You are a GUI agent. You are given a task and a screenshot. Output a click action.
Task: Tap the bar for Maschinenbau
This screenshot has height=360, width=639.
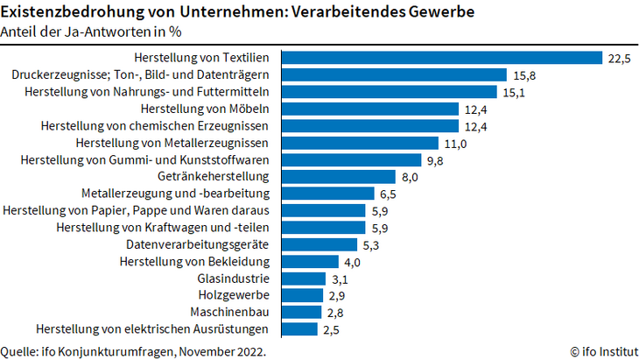[x=305, y=312]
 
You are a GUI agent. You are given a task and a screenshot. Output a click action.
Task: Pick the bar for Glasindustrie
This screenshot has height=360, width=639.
[x=307, y=278]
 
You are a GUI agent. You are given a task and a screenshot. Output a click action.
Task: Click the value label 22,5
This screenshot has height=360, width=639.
[x=620, y=58]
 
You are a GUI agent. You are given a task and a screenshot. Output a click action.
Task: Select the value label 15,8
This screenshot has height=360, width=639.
[x=524, y=75]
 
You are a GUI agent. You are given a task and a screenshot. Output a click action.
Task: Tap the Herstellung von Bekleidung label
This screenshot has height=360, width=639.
[x=200, y=261]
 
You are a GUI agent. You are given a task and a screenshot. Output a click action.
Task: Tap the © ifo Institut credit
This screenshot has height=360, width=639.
[x=605, y=351]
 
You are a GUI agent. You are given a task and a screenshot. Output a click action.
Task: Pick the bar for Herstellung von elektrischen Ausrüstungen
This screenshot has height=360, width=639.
[x=303, y=329]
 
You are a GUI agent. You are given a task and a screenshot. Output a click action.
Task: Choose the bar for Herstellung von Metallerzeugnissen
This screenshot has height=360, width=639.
[x=362, y=143]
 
